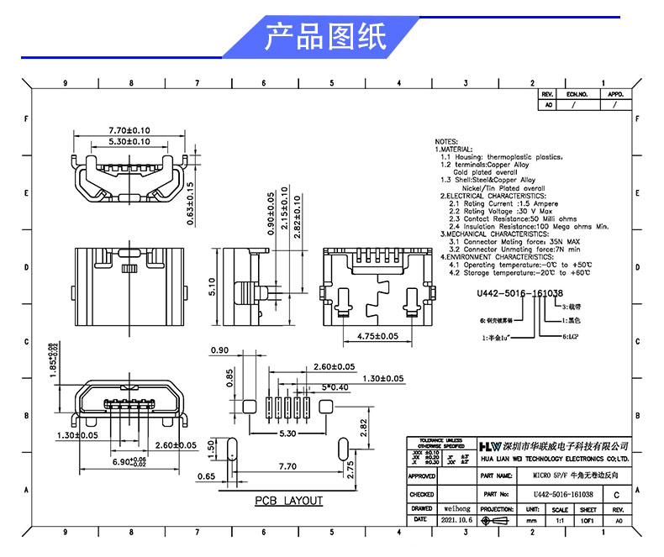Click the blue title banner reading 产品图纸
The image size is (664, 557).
[x=325, y=38]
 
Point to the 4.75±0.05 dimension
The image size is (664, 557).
[x=372, y=336]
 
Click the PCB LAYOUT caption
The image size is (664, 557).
[x=288, y=501]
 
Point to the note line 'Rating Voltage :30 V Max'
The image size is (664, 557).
[x=507, y=211]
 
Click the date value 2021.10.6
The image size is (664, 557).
[x=457, y=521]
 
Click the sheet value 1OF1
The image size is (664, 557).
[x=588, y=521]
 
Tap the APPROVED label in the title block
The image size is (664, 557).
[x=421, y=476]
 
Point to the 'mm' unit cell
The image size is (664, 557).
[x=531, y=521]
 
